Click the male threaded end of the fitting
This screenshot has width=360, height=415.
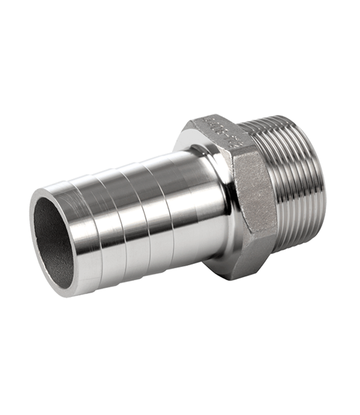(299, 183)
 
